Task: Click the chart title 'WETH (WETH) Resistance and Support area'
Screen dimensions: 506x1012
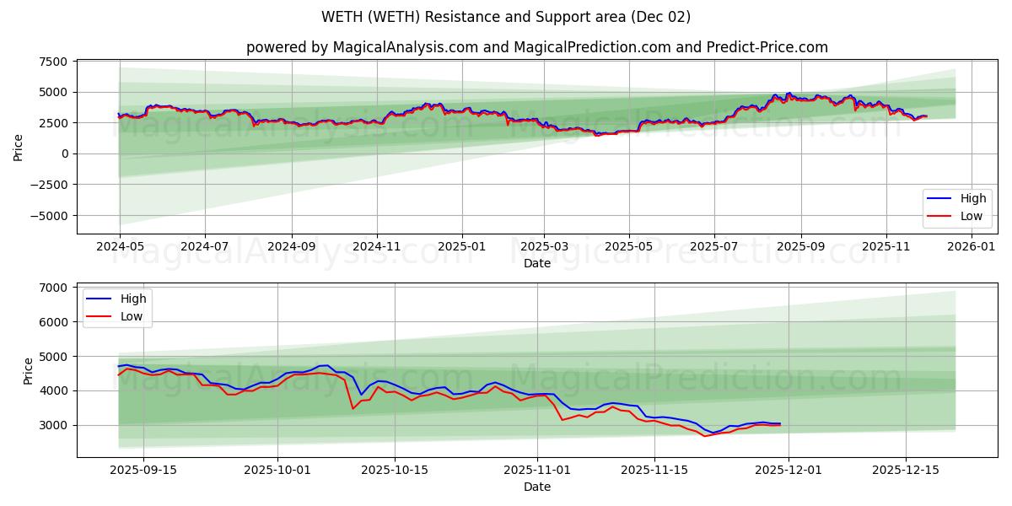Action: click(506, 17)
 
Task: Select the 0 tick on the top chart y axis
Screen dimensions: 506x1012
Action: click(63, 153)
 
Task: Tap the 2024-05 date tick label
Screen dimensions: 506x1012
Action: click(120, 246)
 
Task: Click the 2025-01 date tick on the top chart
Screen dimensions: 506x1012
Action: click(461, 246)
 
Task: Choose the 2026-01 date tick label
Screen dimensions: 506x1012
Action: click(972, 246)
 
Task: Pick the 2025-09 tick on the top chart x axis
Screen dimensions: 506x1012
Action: click(800, 246)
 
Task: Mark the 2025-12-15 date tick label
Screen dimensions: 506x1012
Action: click(906, 470)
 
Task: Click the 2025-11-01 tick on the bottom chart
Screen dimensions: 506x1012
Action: click(537, 470)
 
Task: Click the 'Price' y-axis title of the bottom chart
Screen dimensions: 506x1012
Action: click(29, 370)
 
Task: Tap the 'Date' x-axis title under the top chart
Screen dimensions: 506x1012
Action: click(536, 263)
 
